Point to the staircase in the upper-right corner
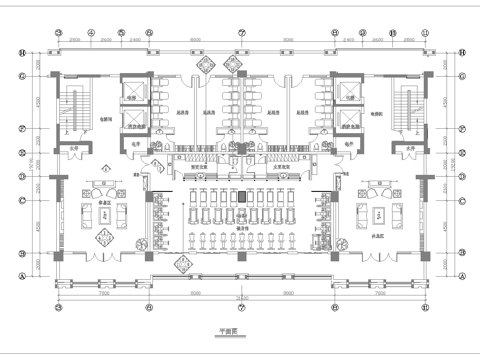click(407, 107)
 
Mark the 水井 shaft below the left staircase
click(74, 150)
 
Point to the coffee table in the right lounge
click(379, 214)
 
